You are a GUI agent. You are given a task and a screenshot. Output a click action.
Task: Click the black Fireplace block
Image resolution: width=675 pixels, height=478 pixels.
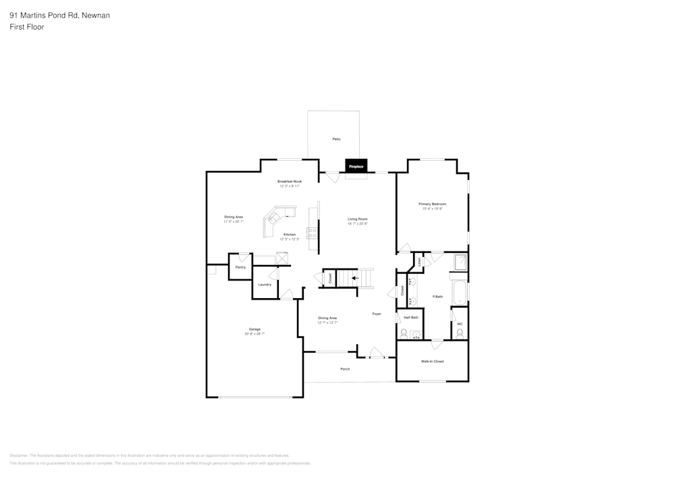click(356, 166)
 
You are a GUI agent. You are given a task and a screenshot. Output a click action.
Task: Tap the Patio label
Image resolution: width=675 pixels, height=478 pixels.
click(336, 139)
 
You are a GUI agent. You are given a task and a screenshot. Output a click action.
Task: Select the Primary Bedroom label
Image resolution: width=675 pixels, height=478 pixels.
click(432, 204)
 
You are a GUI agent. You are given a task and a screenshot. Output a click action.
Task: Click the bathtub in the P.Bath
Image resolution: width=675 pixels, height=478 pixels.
click(460, 291)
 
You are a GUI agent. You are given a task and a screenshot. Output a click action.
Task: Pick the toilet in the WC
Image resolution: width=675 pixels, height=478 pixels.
click(460, 333)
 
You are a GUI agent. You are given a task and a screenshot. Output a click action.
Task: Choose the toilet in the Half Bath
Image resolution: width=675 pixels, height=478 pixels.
click(404, 333)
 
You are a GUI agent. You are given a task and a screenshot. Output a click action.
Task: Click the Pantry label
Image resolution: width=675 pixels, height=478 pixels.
click(240, 267)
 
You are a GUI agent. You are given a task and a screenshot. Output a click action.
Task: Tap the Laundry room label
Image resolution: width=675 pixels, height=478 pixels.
click(265, 284)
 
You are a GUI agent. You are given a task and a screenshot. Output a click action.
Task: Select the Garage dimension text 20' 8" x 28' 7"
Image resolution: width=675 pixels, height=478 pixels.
click(254, 334)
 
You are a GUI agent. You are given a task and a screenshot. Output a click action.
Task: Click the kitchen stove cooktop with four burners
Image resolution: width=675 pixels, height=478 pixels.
click(313, 233)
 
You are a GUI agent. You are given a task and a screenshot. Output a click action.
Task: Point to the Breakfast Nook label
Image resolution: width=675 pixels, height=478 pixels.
click(290, 181)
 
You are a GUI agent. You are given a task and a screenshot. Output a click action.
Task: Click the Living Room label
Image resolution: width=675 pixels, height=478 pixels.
click(357, 219)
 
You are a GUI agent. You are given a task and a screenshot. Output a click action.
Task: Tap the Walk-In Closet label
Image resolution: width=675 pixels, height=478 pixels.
click(432, 361)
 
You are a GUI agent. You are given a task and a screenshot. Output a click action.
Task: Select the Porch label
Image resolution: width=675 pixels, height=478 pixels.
click(345, 369)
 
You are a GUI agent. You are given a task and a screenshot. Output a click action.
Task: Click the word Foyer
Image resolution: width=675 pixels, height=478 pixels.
click(377, 314)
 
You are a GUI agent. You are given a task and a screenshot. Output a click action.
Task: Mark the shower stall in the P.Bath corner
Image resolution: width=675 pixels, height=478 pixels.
click(460, 262)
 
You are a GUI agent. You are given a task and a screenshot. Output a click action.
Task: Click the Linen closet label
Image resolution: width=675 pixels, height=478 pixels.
click(418, 262)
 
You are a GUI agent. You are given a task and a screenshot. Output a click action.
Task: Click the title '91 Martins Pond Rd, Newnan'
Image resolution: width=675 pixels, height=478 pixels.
click(60, 15)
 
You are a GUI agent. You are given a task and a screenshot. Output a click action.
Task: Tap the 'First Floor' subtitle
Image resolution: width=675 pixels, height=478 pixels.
click(27, 27)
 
